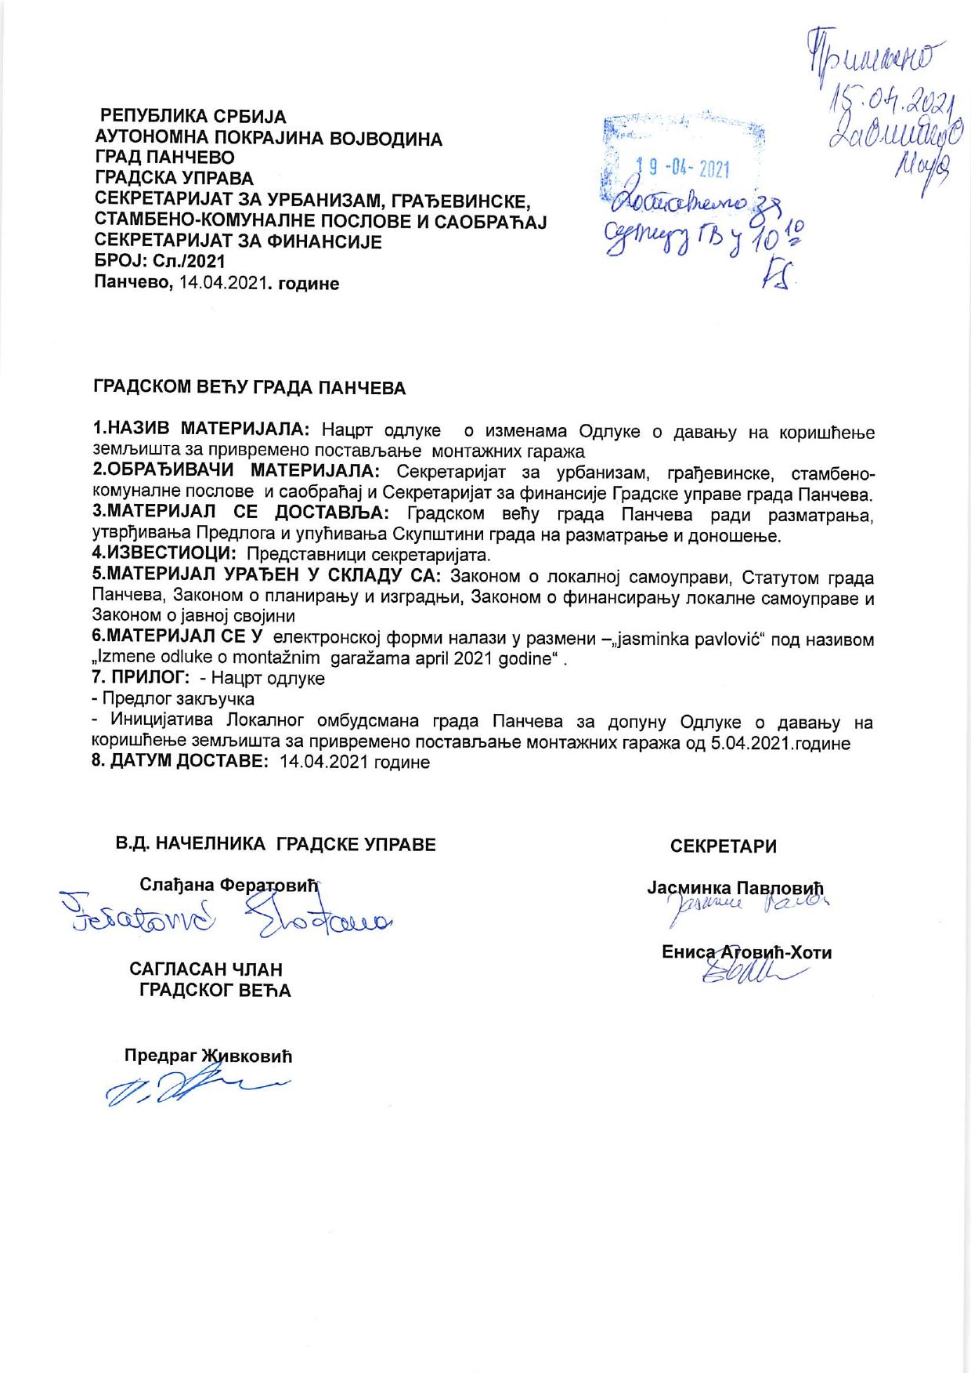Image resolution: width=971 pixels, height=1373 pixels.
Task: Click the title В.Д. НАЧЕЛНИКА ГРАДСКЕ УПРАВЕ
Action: coord(276,845)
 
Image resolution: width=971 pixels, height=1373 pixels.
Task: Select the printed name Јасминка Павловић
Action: coord(735,889)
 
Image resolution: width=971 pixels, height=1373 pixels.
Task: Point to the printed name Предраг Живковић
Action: coord(208,1056)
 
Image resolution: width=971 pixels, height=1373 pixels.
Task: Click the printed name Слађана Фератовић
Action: coord(231,886)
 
